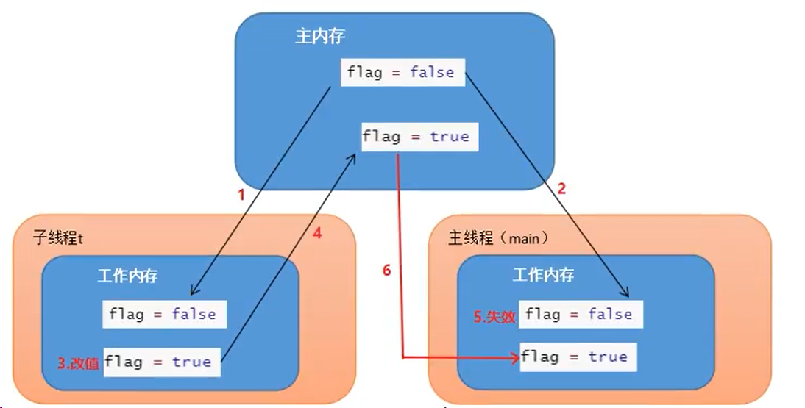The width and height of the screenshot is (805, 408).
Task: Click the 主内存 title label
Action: [x=320, y=37]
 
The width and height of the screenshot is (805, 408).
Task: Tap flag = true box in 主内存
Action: [x=416, y=137]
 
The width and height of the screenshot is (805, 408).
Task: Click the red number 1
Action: [x=239, y=196]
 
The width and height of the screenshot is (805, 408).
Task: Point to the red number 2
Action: [x=561, y=188]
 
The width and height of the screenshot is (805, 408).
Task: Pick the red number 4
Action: [x=317, y=234]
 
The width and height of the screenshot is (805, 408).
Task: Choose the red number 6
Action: [x=387, y=271]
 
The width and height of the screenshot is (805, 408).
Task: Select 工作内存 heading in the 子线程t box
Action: [x=127, y=276]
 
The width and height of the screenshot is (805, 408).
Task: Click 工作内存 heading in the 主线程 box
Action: [x=543, y=275]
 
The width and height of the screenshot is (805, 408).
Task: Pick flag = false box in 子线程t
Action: [x=163, y=315]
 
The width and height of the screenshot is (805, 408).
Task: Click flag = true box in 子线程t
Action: [x=161, y=362]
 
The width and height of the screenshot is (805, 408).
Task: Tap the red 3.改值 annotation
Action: [x=79, y=362]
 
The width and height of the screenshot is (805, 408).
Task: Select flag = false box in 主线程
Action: [x=581, y=315]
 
